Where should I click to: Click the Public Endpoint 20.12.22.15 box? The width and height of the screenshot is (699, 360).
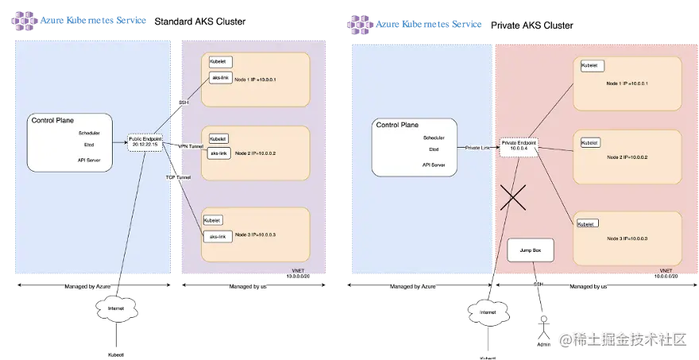coord(145,141)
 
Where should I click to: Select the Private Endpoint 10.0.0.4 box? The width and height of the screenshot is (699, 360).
coord(519,146)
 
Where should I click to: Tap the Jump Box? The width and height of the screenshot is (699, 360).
coord(530,250)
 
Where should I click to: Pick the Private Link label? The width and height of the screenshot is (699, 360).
coord(478,147)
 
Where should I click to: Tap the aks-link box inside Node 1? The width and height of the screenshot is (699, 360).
coord(220,78)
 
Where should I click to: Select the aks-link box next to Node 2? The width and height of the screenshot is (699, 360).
coord(219,153)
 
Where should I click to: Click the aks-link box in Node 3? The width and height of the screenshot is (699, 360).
coord(217,237)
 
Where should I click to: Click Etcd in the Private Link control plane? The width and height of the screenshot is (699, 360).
coord(434,149)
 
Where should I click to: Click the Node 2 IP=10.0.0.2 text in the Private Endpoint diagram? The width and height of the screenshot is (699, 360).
coord(628,157)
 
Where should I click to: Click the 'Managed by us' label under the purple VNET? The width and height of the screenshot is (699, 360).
coord(247,284)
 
